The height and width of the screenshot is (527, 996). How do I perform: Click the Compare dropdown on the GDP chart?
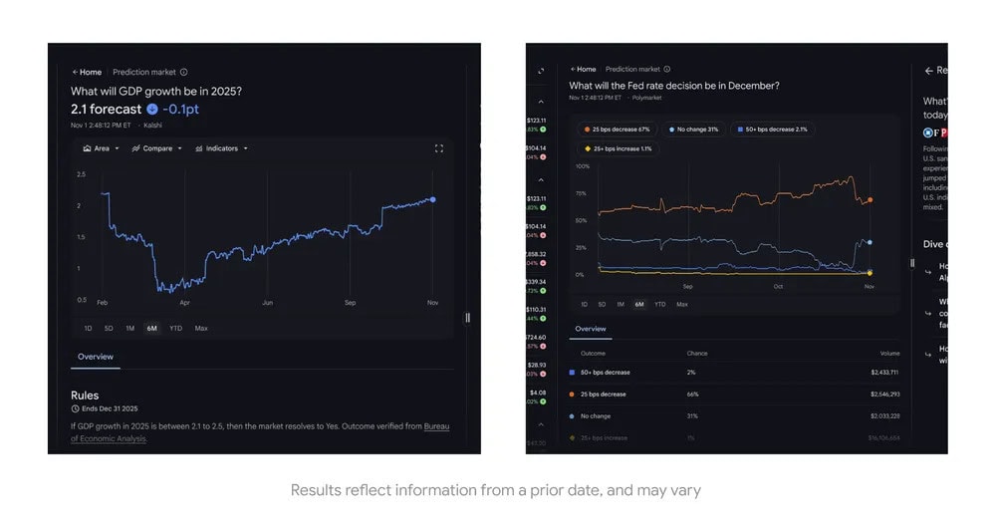click(156, 148)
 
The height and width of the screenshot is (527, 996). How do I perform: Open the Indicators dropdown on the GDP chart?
click(221, 148)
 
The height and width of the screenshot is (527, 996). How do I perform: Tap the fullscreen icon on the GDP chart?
click(438, 148)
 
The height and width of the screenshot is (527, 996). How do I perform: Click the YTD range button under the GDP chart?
click(175, 328)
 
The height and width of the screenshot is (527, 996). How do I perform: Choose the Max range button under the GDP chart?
click(201, 328)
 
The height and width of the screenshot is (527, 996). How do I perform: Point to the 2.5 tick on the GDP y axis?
click(81, 174)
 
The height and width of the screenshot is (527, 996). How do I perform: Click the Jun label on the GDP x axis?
click(267, 302)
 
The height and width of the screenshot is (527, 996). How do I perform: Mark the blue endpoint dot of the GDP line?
click(432, 199)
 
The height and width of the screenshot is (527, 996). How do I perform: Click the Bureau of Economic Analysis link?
click(436, 426)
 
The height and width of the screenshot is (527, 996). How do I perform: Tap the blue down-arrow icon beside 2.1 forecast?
click(151, 109)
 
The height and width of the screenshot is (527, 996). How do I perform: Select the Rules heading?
click(85, 395)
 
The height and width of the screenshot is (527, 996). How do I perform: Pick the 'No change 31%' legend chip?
click(694, 130)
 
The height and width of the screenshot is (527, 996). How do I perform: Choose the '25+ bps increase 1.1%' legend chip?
click(618, 148)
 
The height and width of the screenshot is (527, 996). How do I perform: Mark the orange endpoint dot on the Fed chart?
click(870, 200)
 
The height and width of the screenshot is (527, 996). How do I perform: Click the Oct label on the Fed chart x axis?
click(778, 287)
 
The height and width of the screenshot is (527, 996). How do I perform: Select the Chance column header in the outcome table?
click(697, 353)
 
